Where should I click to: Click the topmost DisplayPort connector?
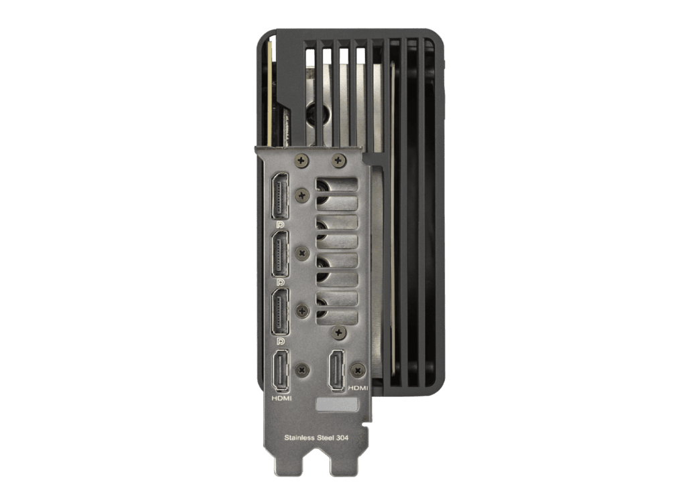click(280, 195)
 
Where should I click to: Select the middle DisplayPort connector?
click(280, 254)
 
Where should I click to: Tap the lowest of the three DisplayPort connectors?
click(280, 312)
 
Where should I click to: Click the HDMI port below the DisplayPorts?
click(281, 371)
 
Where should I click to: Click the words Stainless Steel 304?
click(316, 438)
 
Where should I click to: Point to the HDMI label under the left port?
click(281, 398)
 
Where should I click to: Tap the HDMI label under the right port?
click(358, 388)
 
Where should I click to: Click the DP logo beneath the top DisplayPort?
click(281, 224)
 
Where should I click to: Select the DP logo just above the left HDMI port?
click(281, 341)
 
